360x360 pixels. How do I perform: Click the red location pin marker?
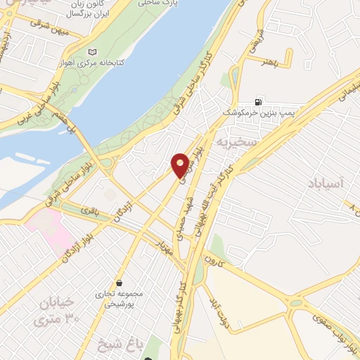[x=180, y=165]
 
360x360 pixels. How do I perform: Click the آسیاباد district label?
[x=327, y=184]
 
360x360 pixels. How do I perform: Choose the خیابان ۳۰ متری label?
[x=58, y=314]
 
